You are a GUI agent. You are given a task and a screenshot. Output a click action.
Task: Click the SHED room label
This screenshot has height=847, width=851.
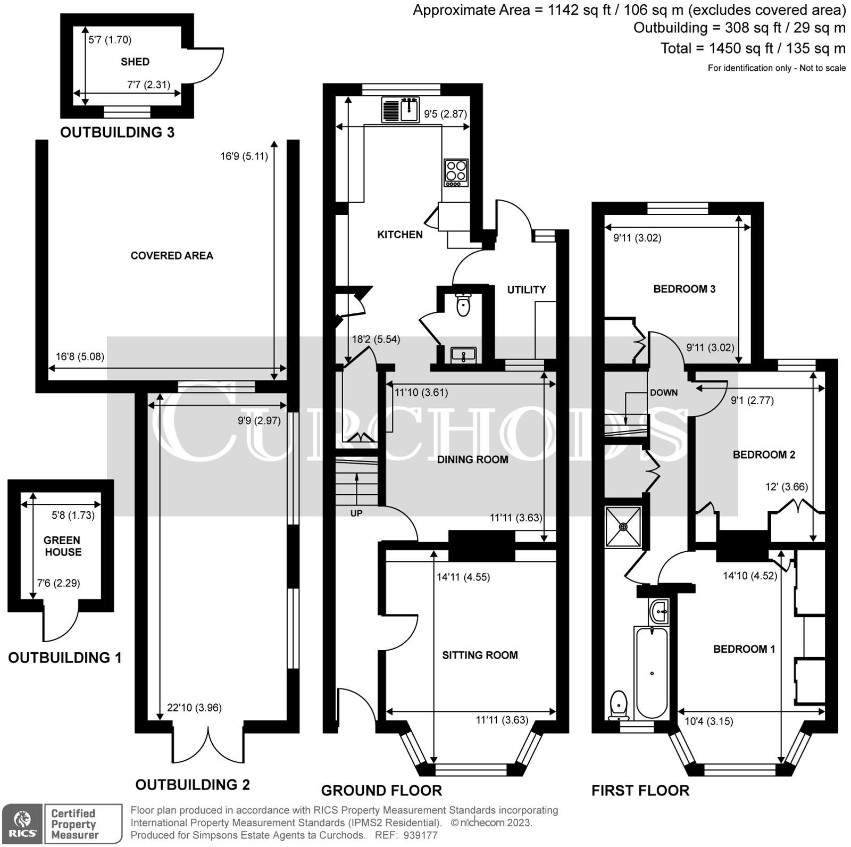click(135, 62)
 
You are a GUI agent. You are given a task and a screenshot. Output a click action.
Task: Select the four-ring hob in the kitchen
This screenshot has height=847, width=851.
click(456, 172)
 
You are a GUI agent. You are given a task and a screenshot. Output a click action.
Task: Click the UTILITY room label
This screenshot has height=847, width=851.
click(526, 289)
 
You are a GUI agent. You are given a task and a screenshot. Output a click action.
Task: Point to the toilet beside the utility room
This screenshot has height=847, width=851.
click(463, 305)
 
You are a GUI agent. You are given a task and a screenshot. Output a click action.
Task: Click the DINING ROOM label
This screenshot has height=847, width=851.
click(472, 459)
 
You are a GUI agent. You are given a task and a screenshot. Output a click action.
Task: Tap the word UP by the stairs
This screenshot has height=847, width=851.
click(356, 513)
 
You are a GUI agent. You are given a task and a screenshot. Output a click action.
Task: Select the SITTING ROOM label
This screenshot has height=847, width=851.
click(480, 655)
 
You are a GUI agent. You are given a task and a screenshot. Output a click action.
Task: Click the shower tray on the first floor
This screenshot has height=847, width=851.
click(623, 526)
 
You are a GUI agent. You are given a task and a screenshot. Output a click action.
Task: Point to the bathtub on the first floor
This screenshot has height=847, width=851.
click(652, 672)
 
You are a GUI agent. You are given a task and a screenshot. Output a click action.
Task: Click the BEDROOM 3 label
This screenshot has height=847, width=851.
click(684, 289)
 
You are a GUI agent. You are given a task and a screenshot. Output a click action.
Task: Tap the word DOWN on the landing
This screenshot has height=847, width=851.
click(664, 393)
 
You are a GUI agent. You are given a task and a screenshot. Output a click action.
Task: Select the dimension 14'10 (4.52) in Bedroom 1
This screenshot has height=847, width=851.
click(750, 575)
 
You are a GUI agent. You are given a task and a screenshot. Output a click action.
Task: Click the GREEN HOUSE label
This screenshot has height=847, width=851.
click(63, 546)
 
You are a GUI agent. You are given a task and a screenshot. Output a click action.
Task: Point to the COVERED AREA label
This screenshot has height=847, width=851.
click(172, 255)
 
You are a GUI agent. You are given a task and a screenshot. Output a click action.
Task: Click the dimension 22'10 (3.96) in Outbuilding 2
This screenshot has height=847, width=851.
click(194, 707)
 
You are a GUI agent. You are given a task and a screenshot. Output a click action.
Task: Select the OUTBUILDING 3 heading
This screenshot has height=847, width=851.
click(117, 132)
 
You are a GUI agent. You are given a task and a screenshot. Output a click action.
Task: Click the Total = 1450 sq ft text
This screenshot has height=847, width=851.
click(752, 48)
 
